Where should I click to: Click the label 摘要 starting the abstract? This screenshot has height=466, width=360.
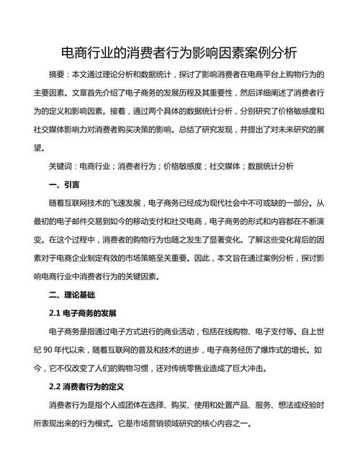click(x=57, y=74)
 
